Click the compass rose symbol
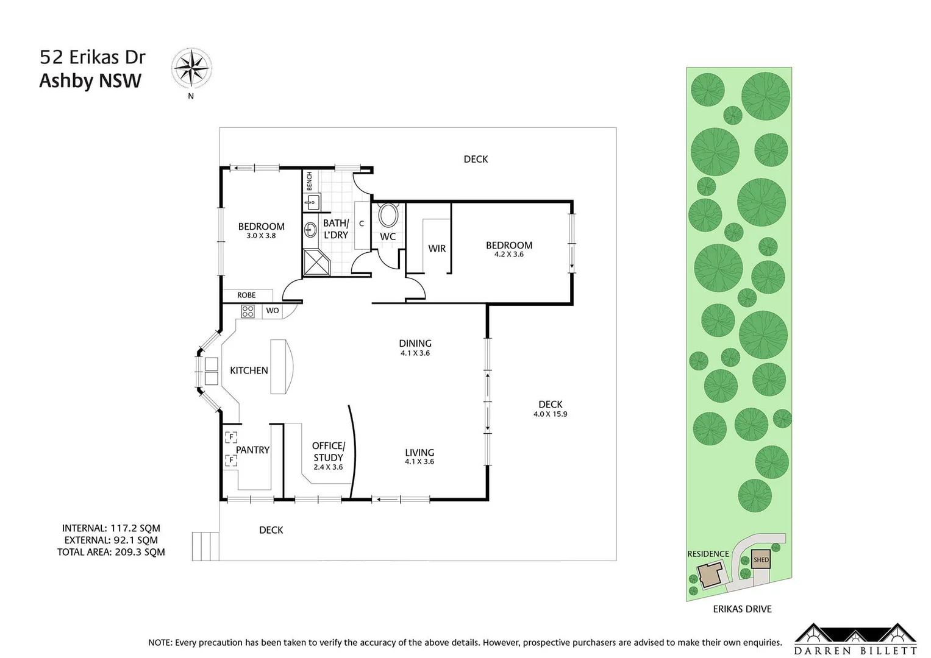[x=191, y=68]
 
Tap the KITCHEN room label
[x=249, y=370]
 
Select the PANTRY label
[x=252, y=450]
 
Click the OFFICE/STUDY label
[x=328, y=451]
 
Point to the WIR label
[x=437, y=249]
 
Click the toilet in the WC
[x=388, y=216]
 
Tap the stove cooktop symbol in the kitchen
[x=248, y=311]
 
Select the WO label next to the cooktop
[x=273, y=311]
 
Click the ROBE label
[x=246, y=295]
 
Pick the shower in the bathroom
[x=317, y=262]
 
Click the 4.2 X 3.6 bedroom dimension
[x=508, y=255]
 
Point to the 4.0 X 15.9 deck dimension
[x=550, y=414]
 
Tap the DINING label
[x=415, y=343]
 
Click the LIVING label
[x=419, y=453]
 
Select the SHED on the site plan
[x=761, y=560]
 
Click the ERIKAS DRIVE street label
[x=742, y=609]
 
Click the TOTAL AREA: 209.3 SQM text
[x=111, y=552]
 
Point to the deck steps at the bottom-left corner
[x=205, y=546]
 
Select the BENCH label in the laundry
[x=309, y=181]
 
